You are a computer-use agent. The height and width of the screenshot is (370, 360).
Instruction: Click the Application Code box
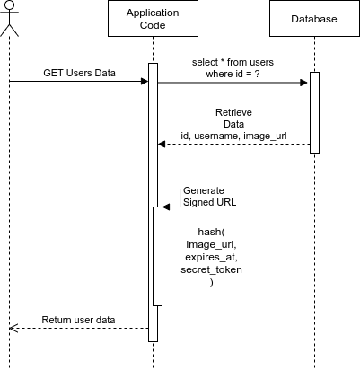[x=153, y=19]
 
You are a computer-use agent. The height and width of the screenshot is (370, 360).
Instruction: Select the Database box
[x=314, y=19]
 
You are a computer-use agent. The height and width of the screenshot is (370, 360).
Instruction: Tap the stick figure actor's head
[x=10, y=4]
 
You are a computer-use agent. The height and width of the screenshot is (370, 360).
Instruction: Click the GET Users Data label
[x=79, y=73]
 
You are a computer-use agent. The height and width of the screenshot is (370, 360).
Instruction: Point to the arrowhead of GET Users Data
[x=145, y=81]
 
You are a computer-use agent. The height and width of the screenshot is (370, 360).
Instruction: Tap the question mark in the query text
[x=257, y=74]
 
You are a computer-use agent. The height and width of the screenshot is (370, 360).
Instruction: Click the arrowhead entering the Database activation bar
[x=303, y=83]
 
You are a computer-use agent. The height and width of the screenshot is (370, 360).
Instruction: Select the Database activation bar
[x=314, y=112]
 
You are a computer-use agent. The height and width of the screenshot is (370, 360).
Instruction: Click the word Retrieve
[x=233, y=112]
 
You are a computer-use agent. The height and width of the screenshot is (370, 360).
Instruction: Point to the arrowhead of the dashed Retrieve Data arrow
[x=162, y=145]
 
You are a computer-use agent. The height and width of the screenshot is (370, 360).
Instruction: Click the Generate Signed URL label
[x=209, y=197]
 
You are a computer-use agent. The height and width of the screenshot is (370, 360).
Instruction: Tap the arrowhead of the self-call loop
[x=166, y=207]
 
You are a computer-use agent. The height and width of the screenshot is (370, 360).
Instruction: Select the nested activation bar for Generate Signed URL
[x=158, y=256]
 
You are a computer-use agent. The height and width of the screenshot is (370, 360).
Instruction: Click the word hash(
[x=211, y=232]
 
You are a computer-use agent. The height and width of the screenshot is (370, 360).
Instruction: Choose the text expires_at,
[x=211, y=257]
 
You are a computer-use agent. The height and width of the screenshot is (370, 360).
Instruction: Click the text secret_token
[x=211, y=269]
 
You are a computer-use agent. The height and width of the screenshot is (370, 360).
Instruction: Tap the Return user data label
[x=78, y=320]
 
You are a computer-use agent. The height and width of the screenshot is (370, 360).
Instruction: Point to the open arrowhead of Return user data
[x=13, y=329]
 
